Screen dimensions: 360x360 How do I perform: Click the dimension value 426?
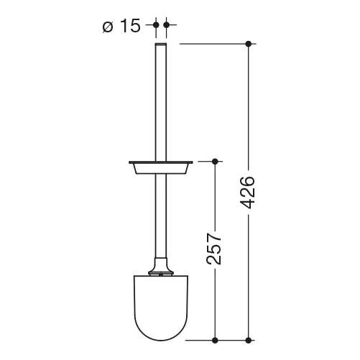247,193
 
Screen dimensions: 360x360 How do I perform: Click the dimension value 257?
213,249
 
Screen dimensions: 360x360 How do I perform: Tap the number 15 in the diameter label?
130,26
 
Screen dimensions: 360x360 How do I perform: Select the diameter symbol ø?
108,27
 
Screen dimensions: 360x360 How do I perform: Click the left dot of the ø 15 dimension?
156,24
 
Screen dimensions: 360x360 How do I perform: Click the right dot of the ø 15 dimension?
167,24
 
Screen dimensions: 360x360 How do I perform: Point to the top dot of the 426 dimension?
249,44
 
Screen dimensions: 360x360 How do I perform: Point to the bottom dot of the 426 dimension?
249,340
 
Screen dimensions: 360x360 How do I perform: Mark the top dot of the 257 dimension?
215,162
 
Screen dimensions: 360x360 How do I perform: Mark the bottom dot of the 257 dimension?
215,340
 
